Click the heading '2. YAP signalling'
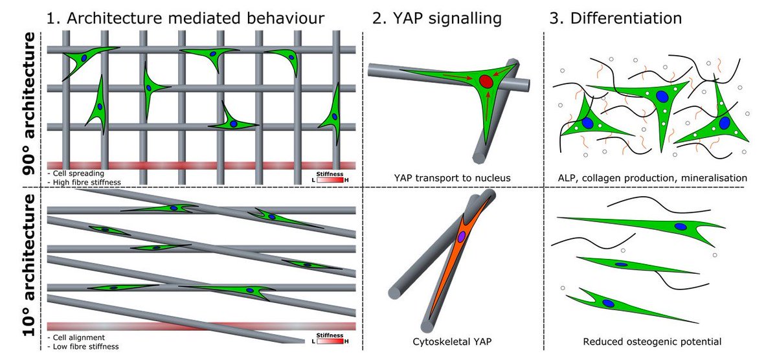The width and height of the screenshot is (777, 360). tap(437, 18)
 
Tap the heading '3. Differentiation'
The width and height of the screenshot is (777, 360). tap(615, 18)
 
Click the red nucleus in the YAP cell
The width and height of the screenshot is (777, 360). tap(486, 82)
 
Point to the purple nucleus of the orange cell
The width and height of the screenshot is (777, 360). tap(462, 237)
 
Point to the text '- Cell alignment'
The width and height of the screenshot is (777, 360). tap(76, 337)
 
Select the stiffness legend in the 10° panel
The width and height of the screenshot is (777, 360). tap(331, 339)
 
